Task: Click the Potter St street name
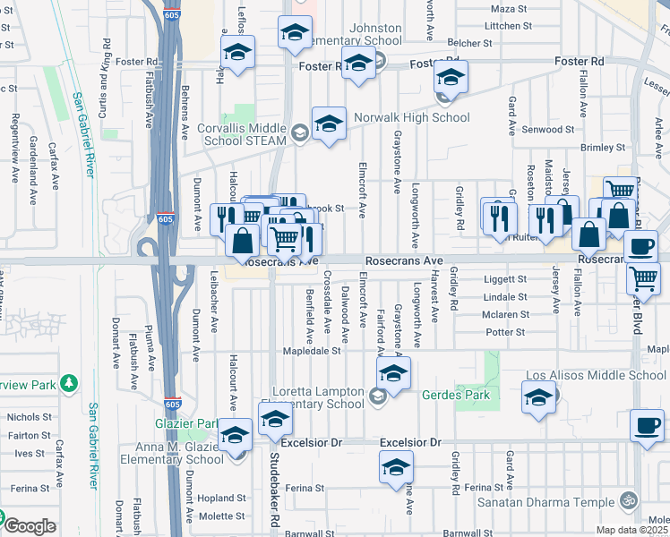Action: pos(504,332)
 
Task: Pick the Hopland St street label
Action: pos(222,498)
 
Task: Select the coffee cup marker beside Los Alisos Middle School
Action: pos(646,425)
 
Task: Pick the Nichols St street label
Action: pos(30,417)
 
